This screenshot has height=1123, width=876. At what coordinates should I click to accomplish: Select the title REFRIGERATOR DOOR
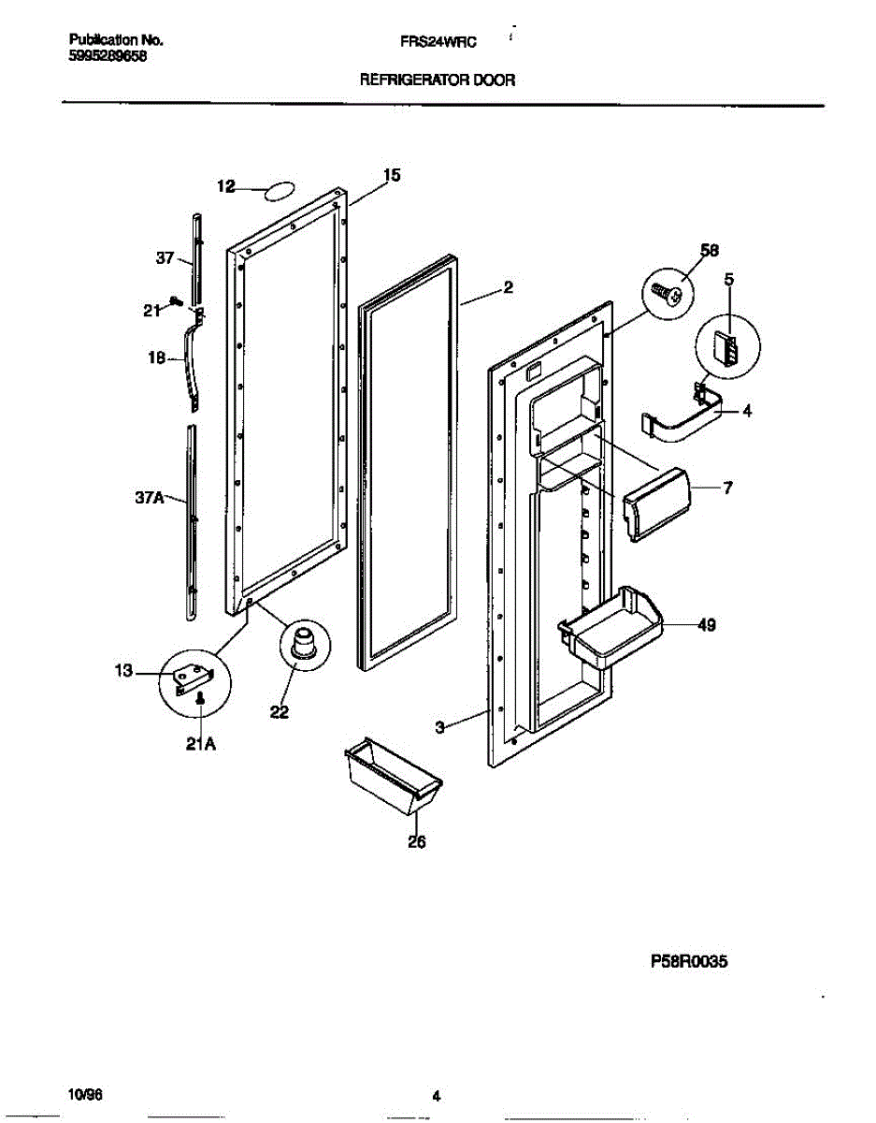point(438,80)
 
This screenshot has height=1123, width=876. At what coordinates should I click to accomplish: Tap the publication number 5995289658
point(108,55)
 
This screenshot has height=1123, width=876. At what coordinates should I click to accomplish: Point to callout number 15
point(392,174)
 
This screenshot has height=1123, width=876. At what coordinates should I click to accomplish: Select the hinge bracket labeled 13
point(195,674)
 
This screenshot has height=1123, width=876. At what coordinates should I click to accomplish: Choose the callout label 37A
point(149,499)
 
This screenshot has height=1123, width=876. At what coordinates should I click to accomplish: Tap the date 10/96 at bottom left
point(82,1094)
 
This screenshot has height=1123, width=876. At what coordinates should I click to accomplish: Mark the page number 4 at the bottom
point(436,1097)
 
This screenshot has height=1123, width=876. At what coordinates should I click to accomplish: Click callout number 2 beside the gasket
point(508,288)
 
